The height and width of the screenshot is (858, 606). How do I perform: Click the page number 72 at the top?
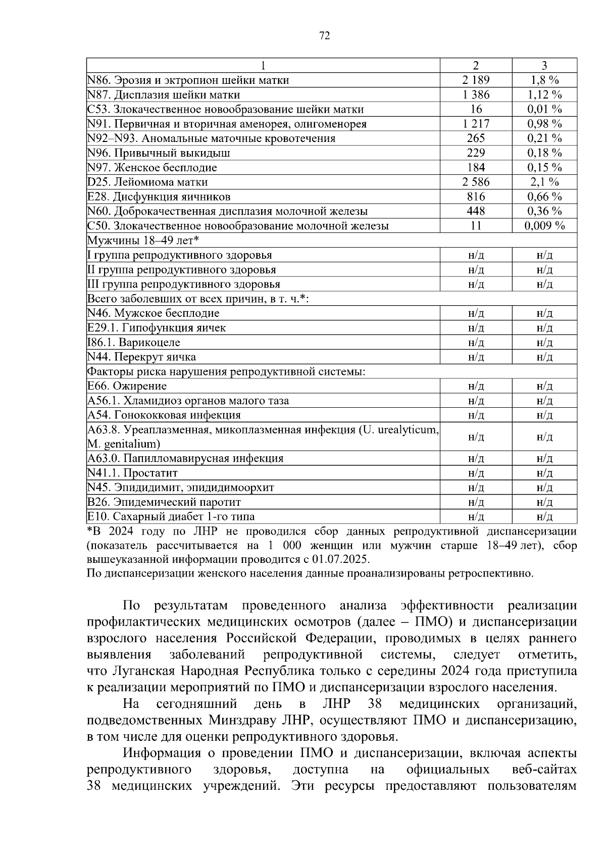[325, 35]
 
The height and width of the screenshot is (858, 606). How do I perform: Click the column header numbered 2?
[476, 65]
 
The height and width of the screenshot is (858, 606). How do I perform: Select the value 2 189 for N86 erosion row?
[476, 80]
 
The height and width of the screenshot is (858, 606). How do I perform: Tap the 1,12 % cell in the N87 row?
[544, 94]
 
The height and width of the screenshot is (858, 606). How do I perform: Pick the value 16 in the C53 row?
[476, 109]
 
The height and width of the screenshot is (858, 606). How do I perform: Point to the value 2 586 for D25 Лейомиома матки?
[476, 182]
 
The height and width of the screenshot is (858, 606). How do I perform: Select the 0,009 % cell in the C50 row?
[544, 226]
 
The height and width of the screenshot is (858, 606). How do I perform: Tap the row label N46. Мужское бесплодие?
[154, 313]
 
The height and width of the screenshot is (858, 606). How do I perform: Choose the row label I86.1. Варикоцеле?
[133, 343]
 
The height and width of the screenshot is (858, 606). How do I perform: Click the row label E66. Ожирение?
[127, 386]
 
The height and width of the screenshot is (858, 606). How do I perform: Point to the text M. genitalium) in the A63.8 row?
[124, 444]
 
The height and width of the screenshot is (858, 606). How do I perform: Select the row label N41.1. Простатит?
[132, 473]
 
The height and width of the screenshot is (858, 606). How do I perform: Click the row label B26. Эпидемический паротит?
[164, 502]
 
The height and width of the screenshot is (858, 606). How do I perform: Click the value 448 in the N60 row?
[476, 211]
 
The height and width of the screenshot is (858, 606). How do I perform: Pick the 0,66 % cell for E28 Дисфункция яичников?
[544, 197]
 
